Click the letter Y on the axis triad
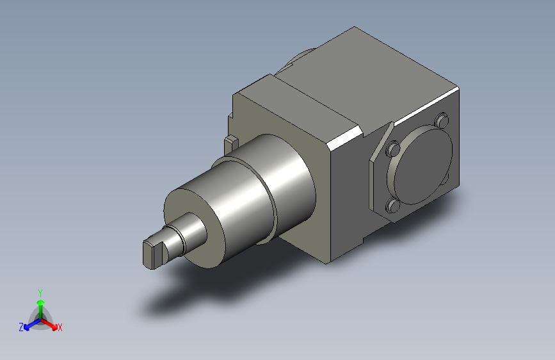point(40,293)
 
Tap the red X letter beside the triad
point(60,327)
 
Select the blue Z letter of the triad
point(21,327)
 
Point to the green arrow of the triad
point(41,309)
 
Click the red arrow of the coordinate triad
point(49,324)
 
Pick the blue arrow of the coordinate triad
point(32,325)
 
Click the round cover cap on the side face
point(421,167)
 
